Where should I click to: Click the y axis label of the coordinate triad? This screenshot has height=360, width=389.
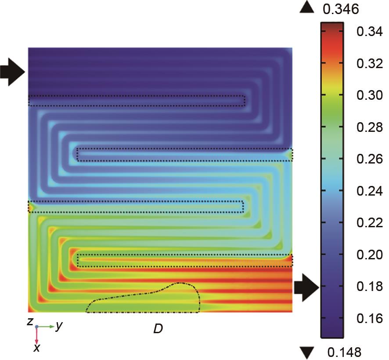pos(59,327)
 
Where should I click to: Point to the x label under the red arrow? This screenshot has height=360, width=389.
pos(37,348)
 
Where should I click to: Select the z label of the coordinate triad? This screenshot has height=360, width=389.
pos(30,321)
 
